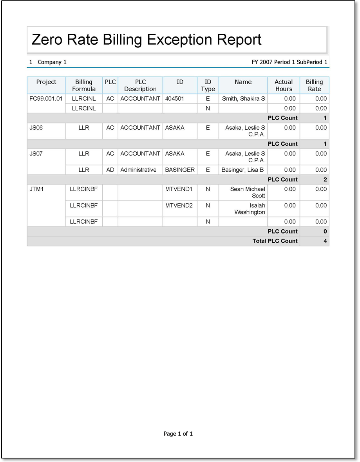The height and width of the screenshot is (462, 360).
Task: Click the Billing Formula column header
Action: pyautogui.click(x=84, y=85)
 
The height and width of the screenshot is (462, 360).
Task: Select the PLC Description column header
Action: pyautogui.click(x=140, y=85)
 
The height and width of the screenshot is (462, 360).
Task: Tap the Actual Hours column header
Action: pyautogui.click(x=284, y=85)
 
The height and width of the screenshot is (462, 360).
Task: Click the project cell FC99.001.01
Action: pyautogui.click(x=46, y=99)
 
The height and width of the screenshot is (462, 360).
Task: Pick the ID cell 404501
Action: pyautogui.click(x=175, y=99)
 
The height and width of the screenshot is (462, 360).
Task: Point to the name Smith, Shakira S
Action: pyautogui.click(x=243, y=99)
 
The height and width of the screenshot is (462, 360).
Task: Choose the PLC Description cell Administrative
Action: pyautogui.click(x=138, y=170)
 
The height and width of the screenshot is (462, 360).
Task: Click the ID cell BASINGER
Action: pyautogui.click(x=180, y=170)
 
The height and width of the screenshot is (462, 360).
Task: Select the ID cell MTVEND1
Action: pyautogui.click(x=179, y=189)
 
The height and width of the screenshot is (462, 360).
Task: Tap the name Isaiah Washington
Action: pyautogui.click(x=250, y=209)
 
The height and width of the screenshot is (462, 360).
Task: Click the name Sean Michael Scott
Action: pyautogui.click(x=248, y=192)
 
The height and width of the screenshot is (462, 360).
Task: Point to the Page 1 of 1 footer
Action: pyautogui.click(x=178, y=434)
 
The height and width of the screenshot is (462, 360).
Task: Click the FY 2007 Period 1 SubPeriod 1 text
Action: pyautogui.click(x=289, y=62)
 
